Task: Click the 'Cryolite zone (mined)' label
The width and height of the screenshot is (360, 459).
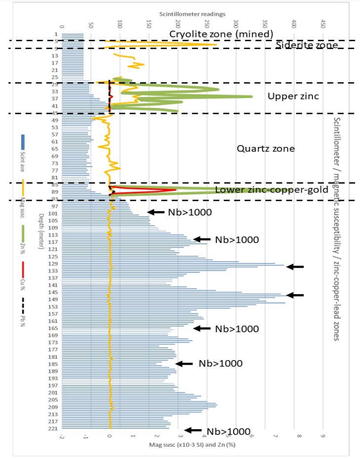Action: pyautogui.click(x=221, y=34)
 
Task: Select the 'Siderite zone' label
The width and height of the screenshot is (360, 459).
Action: pyautogui.click(x=306, y=45)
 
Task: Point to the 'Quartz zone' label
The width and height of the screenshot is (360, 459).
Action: pyautogui.click(x=265, y=149)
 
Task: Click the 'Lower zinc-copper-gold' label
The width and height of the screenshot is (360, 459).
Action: pyautogui.click(x=272, y=190)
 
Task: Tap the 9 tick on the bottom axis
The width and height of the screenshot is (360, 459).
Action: pyautogui.click(x=323, y=437)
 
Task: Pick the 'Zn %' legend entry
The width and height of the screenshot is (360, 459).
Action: pyautogui.click(x=23, y=236)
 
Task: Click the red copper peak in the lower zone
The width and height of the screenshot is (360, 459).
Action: pyautogui.click(x=175, y=189)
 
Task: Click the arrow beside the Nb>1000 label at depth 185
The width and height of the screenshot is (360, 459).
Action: pyautogui.click(x=184, y=364)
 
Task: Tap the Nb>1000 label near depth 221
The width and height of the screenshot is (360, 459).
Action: pyautogui.click(x=228, y=432)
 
